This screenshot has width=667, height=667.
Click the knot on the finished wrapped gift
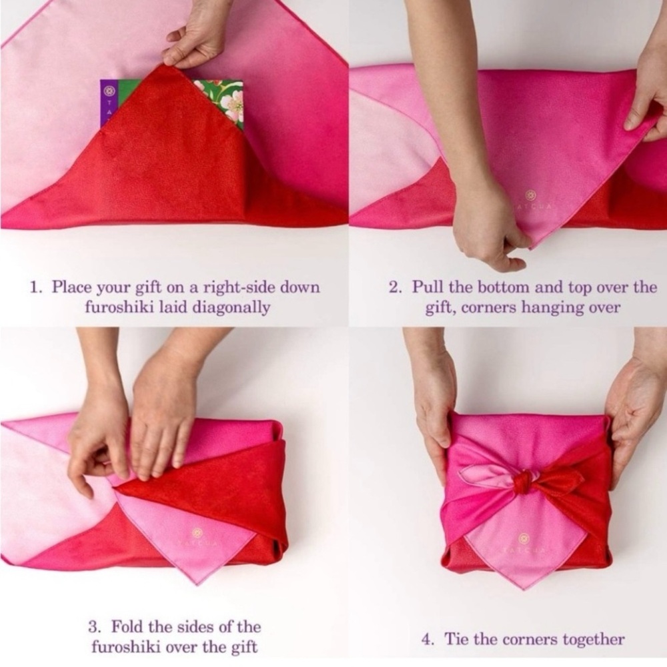tap(524, 482)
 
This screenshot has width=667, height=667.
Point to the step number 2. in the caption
tap(396, 287)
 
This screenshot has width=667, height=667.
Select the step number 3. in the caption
tap(94, 627)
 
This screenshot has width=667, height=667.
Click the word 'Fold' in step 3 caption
tap(126, 627)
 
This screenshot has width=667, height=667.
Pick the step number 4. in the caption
tap(428, 640)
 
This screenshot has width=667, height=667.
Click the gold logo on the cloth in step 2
tap(530, 195)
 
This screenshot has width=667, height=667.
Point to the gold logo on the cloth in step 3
tap(197, 532)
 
